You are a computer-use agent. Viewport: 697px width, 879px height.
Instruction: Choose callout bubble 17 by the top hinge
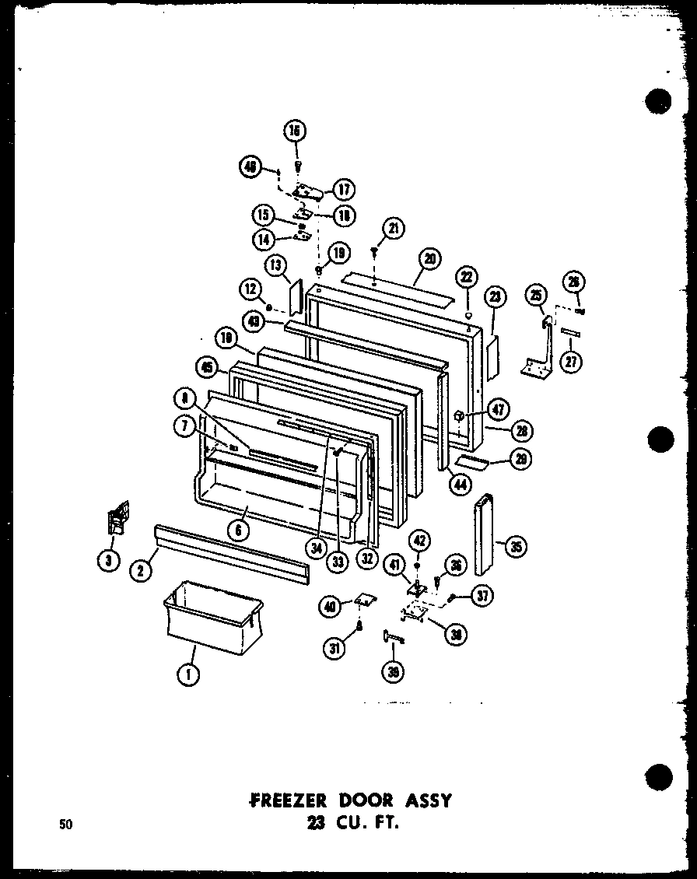coord(343,189)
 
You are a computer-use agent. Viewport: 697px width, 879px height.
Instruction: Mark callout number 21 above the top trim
coord(395,228)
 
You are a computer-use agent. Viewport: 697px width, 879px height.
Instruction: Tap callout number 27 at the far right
coord(573,362)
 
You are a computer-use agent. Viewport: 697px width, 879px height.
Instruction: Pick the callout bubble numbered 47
coord(499,408)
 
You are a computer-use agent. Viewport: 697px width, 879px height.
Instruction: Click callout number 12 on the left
coord(250,290)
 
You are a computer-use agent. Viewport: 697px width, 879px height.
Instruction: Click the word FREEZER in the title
coord(286,800)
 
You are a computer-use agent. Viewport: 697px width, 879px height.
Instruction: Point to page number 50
coord(65,825)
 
